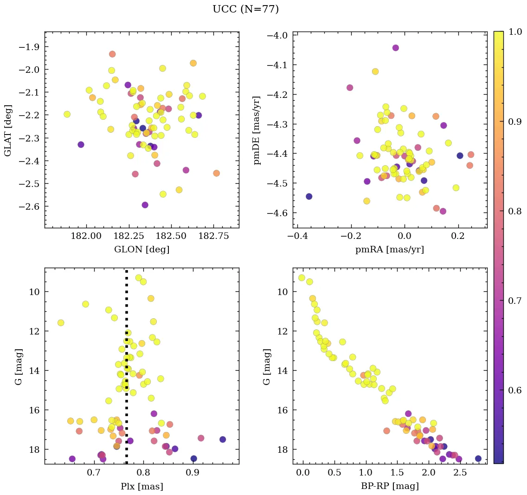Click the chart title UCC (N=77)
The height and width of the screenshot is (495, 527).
[x=245, y=9]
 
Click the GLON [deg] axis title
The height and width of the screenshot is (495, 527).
[x=141, y=250]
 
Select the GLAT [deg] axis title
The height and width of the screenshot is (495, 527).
[x=8, y=130]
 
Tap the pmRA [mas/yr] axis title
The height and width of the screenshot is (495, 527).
[x=390, y=250]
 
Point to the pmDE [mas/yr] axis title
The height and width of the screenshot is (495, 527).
[x=257, y=130]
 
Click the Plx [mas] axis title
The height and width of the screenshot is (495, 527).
[x=141, y=486]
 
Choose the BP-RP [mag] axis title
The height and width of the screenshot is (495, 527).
[x=390, y=486]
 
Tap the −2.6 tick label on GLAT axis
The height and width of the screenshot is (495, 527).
[x=29, y=206]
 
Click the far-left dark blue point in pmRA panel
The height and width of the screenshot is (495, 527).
[x=309, y=196]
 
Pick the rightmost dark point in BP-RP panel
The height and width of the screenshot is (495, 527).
[x=478, y=458]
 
